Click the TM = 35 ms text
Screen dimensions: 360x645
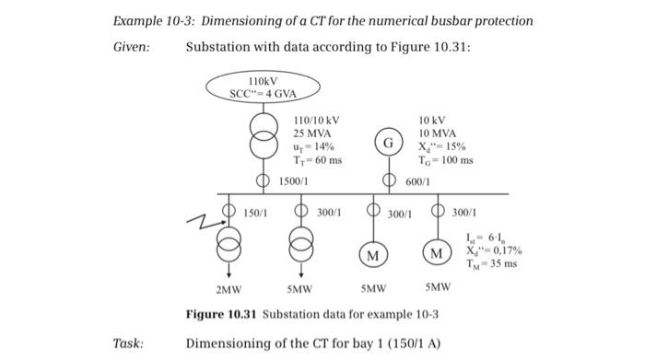[x=498, y=263]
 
